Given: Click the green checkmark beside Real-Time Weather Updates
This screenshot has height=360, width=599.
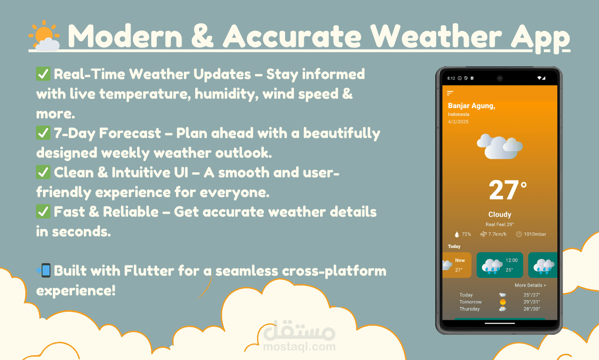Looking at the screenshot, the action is pos(43,74).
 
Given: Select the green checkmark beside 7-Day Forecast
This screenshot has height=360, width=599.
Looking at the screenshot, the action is pos(43,133).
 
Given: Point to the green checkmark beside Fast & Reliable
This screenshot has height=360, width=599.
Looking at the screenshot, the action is pos(43,212).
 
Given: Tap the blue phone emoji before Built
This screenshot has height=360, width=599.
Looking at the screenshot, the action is pos(44,271).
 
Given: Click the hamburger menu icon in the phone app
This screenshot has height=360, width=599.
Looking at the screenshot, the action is pos(450,93).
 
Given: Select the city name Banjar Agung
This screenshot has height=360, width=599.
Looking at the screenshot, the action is pos(471,106).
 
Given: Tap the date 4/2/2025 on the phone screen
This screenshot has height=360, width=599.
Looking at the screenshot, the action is pos(458,122).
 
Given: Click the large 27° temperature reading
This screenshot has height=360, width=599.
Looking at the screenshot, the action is pos(507,190).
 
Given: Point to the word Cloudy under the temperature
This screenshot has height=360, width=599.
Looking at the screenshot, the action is pos(499,214).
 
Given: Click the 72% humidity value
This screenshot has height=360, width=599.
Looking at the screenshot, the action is pos(466,234).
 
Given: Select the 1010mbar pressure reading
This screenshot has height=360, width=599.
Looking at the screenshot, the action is pos(535,234).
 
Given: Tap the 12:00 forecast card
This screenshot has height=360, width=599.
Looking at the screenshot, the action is pos(499,265).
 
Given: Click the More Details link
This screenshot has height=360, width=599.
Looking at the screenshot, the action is pos(530,286).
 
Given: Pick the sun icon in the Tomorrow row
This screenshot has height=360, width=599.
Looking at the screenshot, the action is pos(503,302).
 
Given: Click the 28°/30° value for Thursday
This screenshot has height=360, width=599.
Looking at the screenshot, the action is pos(532,309).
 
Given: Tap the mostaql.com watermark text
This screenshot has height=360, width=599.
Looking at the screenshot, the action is pos(299,346).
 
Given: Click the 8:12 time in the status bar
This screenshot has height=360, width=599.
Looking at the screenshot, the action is pos(451,78).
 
